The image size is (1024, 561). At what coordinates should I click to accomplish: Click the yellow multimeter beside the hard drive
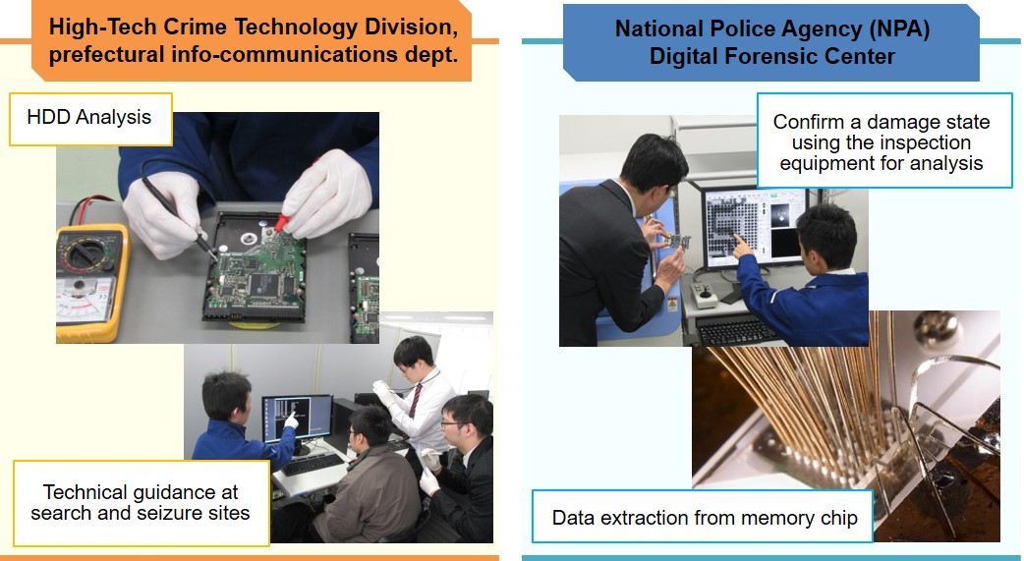click(91, 283)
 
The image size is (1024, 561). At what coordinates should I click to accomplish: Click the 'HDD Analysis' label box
click(90, 119)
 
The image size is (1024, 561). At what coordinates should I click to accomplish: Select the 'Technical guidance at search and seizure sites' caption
click(141, 503)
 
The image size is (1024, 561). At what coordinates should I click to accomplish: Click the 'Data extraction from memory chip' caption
click(704, 517)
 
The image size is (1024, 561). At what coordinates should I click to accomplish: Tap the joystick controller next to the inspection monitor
click(705, 295)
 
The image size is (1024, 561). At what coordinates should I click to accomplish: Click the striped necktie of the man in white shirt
click(414, 404)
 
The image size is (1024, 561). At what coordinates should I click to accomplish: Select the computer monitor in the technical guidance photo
click(297, 420)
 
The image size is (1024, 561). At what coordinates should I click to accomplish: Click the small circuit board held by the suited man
click(679, 241)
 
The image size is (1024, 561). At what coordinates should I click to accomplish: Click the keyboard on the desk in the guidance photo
click(313, 464)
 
